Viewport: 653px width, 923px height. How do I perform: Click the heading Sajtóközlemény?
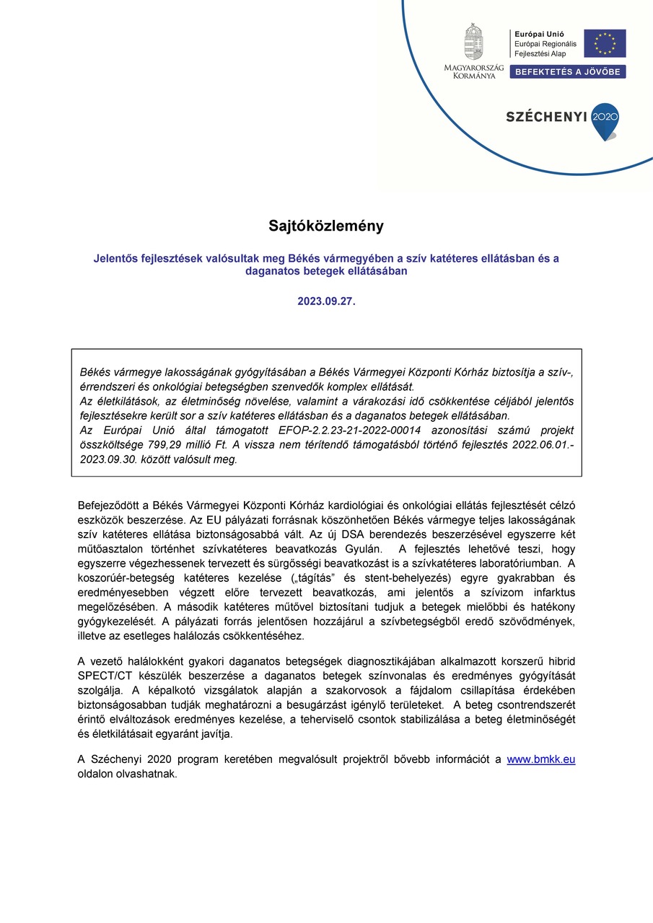pyautogui.click(x=326, y=226)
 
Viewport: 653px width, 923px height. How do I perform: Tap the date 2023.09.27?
pyautogui.click(x=326, y=301)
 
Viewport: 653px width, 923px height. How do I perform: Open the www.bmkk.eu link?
pyautogui.click(x=541, y=759)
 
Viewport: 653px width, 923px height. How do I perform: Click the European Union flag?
pyautogui.click(x=605, y=44)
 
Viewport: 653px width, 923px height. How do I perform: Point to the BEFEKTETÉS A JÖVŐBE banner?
pyautogui.click(x=568, y=71)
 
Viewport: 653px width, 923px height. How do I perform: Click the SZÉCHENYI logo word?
pyautogui.click(x=546, y=116)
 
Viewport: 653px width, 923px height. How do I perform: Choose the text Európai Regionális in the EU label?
pyautogui.click(x=545, y=44)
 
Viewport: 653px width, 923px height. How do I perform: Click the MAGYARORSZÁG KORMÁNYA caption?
pyautogui.click(x=473, y=71)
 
